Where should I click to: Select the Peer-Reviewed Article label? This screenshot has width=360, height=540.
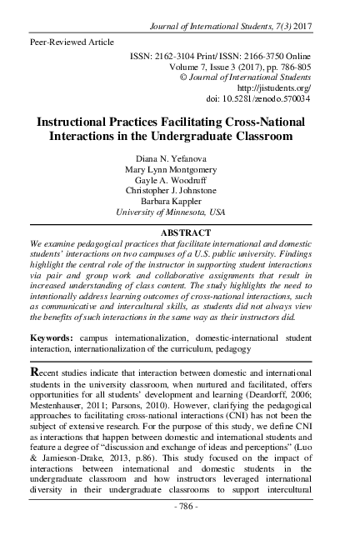click(x=72, y=40)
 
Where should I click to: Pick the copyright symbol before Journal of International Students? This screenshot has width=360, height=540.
click(x=183, y=75)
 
